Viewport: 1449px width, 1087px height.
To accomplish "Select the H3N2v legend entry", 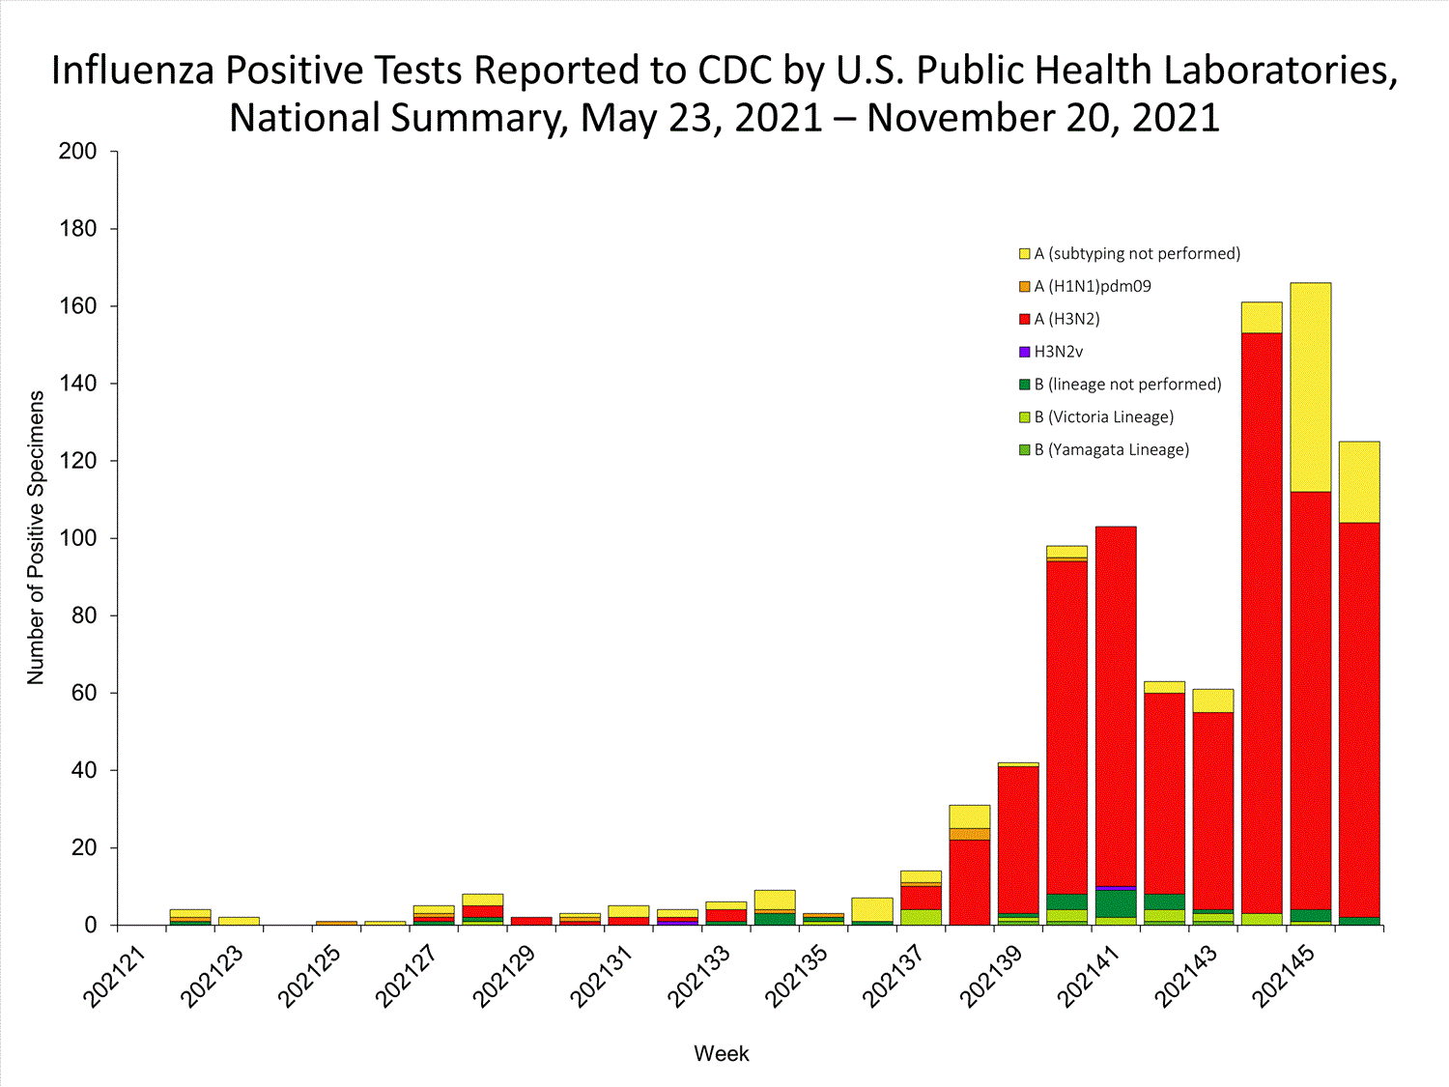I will [x=1058, y=352].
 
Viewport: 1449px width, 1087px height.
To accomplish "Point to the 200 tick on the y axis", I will [x=78, y=151].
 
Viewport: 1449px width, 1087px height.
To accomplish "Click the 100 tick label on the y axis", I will [x=78, y=538].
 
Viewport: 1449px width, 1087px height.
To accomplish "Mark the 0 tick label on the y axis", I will [x=91, y=925].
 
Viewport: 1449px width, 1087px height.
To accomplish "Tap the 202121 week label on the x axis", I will [x=115, y=977].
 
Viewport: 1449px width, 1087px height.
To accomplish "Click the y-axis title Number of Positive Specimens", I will [x=37, y=538].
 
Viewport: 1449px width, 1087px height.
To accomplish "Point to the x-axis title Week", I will [x=721, y=1053].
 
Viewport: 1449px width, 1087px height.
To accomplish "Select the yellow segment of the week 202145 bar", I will [x=1311, y=386].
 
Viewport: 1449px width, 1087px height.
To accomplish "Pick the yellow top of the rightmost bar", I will [x=1359, y=481].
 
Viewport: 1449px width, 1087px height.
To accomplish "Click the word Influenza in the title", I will [x=132, y=71].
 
